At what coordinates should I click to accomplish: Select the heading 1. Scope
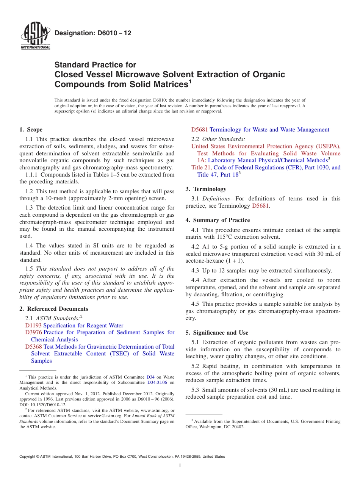tap(31, 130)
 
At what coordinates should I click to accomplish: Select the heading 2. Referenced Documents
tap(54, 309)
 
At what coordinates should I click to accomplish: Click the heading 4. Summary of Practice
tap(218, 220)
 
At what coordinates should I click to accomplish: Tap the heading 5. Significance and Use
tap(217, 333)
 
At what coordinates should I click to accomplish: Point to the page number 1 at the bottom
tap(180, 466)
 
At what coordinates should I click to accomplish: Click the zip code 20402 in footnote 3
tap(238, 427)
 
